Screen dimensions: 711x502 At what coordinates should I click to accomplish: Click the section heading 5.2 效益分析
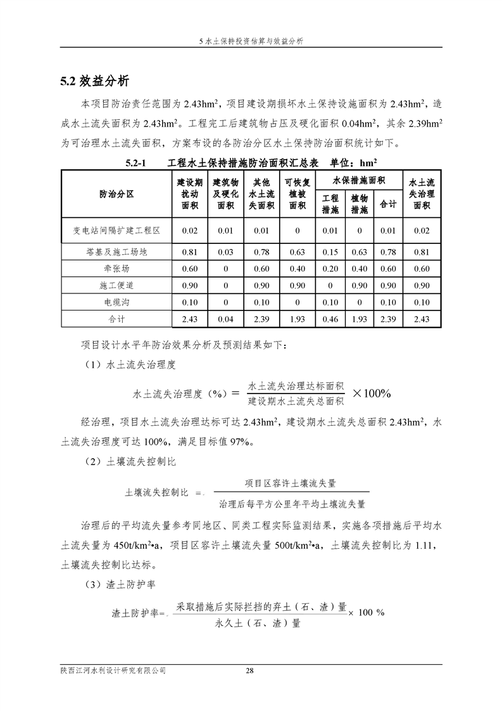pyautogui.click(x=95, y=80)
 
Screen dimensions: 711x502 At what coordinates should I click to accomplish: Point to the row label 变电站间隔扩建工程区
pyautogui.click(x=116, y=231)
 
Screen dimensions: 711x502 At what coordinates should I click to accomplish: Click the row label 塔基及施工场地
pyautogui.click(x=116, y=252)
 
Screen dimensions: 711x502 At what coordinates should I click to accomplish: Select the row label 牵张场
pyautogui.click(x=116, y=269)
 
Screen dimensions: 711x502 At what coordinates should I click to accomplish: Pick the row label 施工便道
pyautogui.click(x=116, y=285)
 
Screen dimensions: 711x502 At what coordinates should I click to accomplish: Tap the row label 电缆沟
pyautogui.click(x=116, y=302)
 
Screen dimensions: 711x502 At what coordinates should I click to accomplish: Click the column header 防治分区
pyautogui.click(x=116, y=194)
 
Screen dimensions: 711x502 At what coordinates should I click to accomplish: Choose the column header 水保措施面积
pyautogui.click(x=359, y=181)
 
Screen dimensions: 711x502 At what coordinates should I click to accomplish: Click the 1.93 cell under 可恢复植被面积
pyautogui.click(x=297, y=319)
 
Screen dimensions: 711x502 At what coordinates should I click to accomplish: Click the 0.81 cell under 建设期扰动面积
pyautogui.click(x=190, y=252)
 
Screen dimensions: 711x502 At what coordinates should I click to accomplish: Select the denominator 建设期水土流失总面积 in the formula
pyautogui.click(x=296, y=400)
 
